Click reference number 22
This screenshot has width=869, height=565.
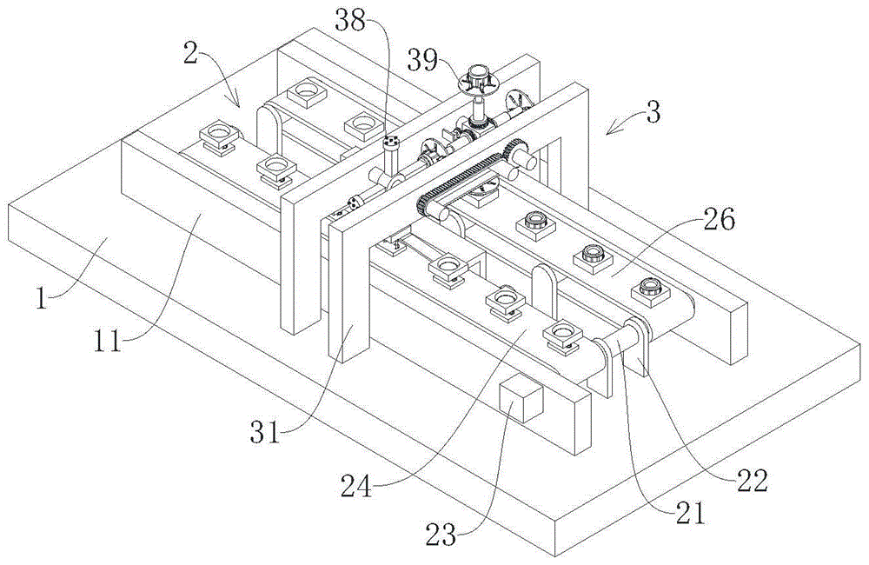tap(753, 480)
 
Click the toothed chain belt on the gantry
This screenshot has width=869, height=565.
tap(461, 179)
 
